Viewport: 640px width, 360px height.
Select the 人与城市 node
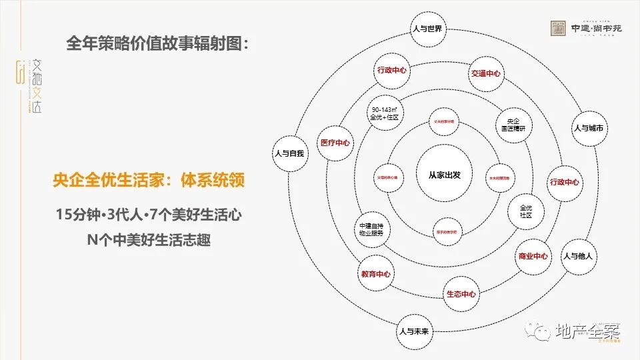589,127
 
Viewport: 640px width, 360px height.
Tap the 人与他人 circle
577,256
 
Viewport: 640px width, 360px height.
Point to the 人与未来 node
415,330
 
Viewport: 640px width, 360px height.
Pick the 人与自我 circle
289,153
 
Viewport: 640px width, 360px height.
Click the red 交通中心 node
485,73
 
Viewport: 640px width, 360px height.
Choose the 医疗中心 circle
335,143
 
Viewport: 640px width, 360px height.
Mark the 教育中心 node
376,274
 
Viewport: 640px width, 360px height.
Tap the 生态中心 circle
461,294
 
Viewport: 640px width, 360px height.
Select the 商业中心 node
533,256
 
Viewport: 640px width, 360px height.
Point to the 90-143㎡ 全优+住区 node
385,113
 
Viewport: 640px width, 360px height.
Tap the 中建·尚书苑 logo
589,29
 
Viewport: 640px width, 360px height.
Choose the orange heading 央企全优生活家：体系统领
148,181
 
